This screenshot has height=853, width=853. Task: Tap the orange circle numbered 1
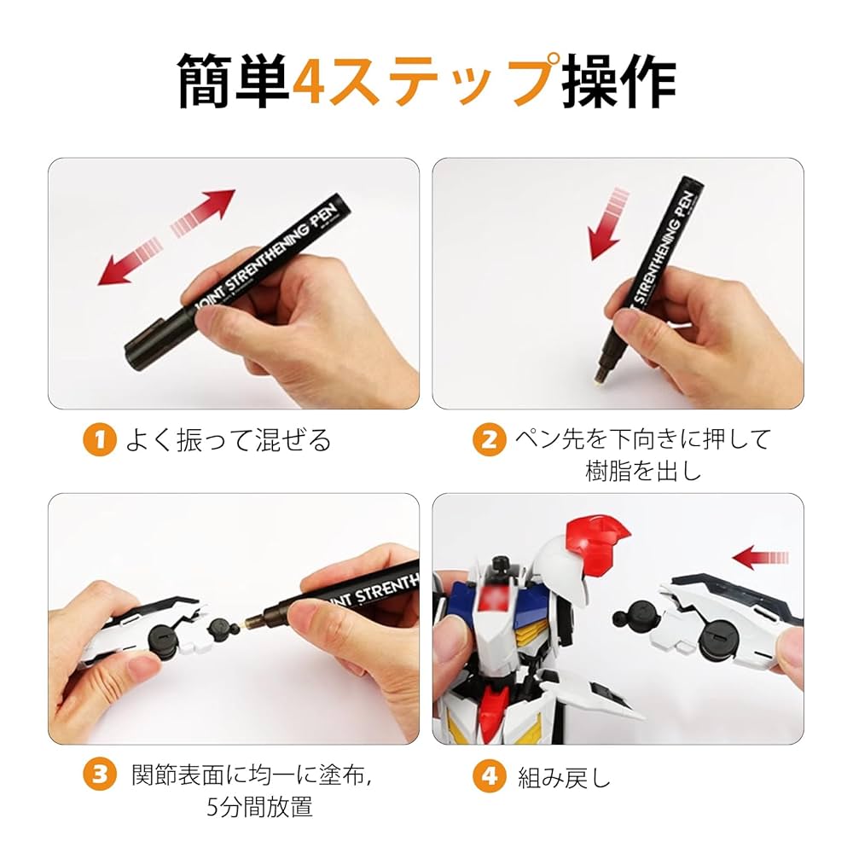coord(100,439)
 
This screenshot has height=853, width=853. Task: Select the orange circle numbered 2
coord(489,439)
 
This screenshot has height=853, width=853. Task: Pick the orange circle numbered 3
coord(100,775)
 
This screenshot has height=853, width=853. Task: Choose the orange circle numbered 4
coord(489,775)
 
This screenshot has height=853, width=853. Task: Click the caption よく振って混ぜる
coord(228,439)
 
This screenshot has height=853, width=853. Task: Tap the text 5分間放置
coord(260,807)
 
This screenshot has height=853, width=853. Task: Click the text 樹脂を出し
coord(643,471)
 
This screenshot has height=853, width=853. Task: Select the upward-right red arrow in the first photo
coord(203,213)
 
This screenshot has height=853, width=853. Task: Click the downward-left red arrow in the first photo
coord(131,262)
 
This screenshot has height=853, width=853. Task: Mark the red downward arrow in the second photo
coord(609,223)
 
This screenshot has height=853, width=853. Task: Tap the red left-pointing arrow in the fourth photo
coord(760,558)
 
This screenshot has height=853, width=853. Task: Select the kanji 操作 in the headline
coord(618,82)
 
